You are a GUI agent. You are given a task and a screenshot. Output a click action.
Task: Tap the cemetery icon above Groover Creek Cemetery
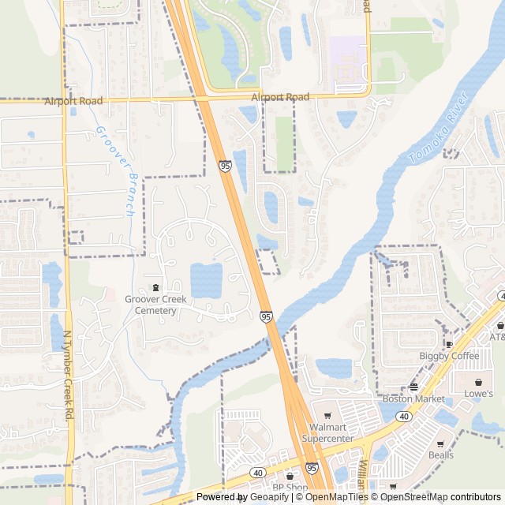point(155,286)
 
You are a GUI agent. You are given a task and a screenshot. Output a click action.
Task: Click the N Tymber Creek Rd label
point(69,374)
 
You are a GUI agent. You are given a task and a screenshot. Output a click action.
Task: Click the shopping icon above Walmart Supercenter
point(327,415)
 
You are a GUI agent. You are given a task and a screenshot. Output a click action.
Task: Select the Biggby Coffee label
point(448,356)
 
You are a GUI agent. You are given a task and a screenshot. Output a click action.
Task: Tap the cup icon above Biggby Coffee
point(449,343)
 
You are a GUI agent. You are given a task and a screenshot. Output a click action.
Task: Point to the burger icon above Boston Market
point(413,386)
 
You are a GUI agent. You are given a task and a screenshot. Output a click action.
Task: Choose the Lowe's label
point(478,393)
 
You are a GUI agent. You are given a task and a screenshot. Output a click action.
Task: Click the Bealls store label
point(441,454)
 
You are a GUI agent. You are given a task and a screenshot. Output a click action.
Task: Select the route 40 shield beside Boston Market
point(404,416)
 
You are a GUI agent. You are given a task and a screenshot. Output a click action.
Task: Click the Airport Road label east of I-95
point(280,97)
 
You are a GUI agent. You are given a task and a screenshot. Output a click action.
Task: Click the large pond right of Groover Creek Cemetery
point(207,279)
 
